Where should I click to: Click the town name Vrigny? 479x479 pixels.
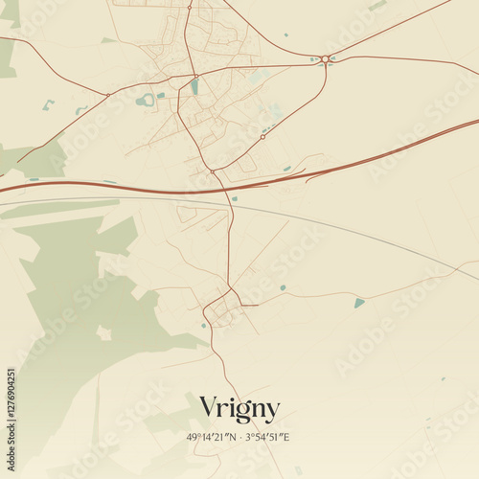point(239,409)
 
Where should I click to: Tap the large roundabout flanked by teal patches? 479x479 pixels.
point(326,59)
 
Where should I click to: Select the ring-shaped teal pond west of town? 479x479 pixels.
point(146,100)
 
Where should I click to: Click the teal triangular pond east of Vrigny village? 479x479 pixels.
point(359,303)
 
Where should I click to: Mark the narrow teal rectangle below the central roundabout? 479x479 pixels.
point(194,87)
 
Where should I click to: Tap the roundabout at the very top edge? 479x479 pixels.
point(189,7)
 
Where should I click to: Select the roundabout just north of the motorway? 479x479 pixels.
point(213,171)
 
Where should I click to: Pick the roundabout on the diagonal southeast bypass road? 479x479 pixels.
point(262,137)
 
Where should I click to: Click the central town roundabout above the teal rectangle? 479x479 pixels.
point(195,76)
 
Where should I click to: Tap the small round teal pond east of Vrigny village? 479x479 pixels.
point(283,287)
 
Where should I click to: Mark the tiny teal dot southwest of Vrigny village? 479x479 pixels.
point(203,326)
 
